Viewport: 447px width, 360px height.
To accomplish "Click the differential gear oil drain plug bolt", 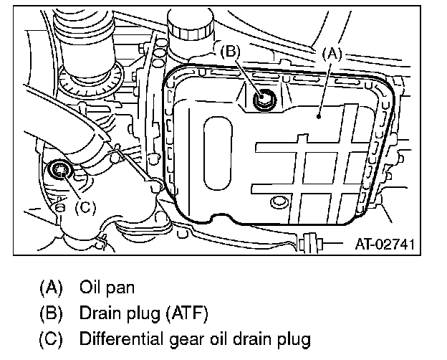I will tap(58, 171).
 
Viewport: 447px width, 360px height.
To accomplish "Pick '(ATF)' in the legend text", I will tap(186, 313).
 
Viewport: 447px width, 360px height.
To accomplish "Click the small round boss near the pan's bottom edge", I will tap(277, 202).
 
